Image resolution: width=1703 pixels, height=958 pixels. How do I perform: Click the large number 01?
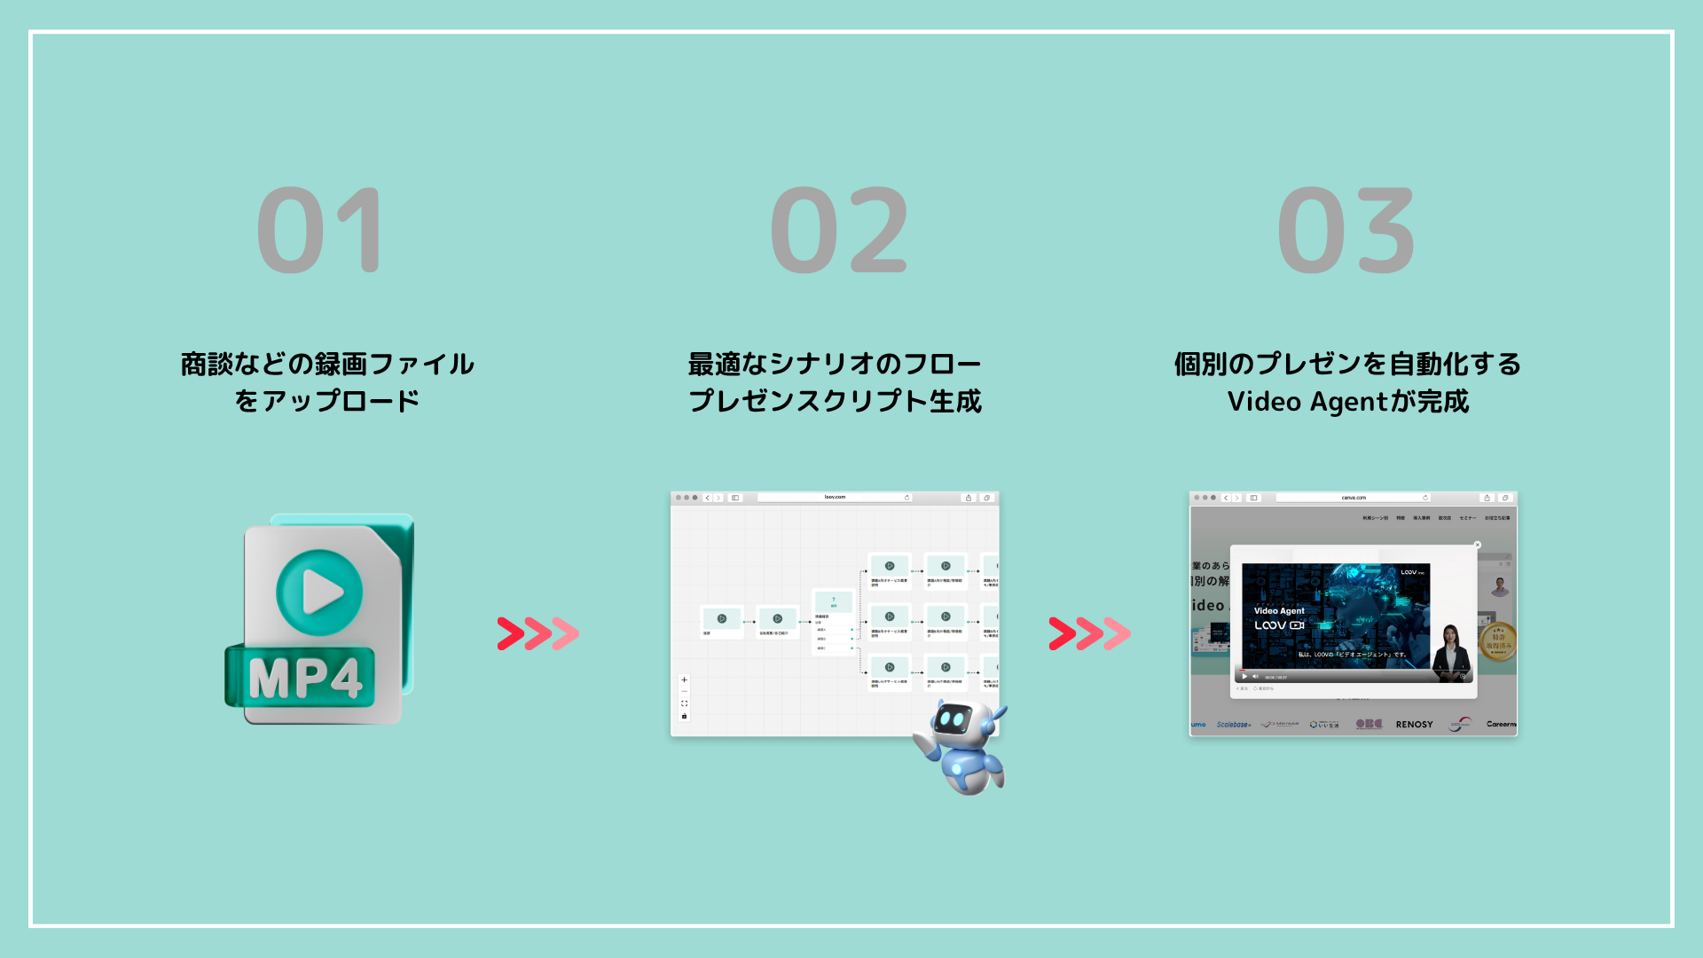(321, 231)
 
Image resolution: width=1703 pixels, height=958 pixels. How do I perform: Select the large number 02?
(839, 231)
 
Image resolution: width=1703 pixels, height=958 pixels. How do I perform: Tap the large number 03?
(1346, 231)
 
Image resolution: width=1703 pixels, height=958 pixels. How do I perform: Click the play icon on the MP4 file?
(319, 592)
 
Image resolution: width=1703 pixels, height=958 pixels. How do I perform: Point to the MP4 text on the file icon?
(305, 679)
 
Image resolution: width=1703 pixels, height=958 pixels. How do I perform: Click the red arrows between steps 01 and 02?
(538, 633)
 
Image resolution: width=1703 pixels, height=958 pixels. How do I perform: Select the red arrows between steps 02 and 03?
(1089, 633)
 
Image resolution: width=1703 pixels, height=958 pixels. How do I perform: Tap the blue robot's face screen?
(953, 718)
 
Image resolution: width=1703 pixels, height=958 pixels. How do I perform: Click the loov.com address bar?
(834, 498)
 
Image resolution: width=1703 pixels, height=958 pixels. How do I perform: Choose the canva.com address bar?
(1353, 498)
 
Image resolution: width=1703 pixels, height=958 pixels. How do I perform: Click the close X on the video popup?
(1477, 545)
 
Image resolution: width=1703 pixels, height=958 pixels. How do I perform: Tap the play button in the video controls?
(1244, 677)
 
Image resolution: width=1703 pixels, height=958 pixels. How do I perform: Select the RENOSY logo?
(1414, 725)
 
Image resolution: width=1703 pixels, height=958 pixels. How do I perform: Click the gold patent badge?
(1498, 640)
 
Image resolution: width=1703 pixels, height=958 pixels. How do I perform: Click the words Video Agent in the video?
(1279, 611)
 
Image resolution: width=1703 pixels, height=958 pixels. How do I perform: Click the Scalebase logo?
(1234, 725)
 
